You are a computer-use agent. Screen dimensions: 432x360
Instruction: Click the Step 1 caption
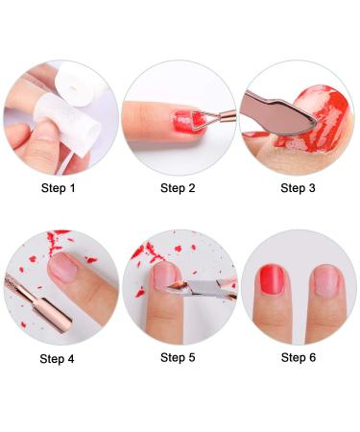tap(60, 188)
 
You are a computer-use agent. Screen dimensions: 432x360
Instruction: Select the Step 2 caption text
tap(179, 188)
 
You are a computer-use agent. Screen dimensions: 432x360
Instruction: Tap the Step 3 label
tap(299, 188)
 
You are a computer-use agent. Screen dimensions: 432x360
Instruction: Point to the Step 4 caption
tap(60, 359)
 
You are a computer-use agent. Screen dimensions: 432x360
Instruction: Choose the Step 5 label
tap(179, 358)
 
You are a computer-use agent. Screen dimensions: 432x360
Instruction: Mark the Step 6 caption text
tap(299, 358)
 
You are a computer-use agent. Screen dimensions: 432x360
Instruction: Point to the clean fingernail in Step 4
tap(66, 271)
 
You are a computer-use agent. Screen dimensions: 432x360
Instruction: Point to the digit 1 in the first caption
tap(75, 188)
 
